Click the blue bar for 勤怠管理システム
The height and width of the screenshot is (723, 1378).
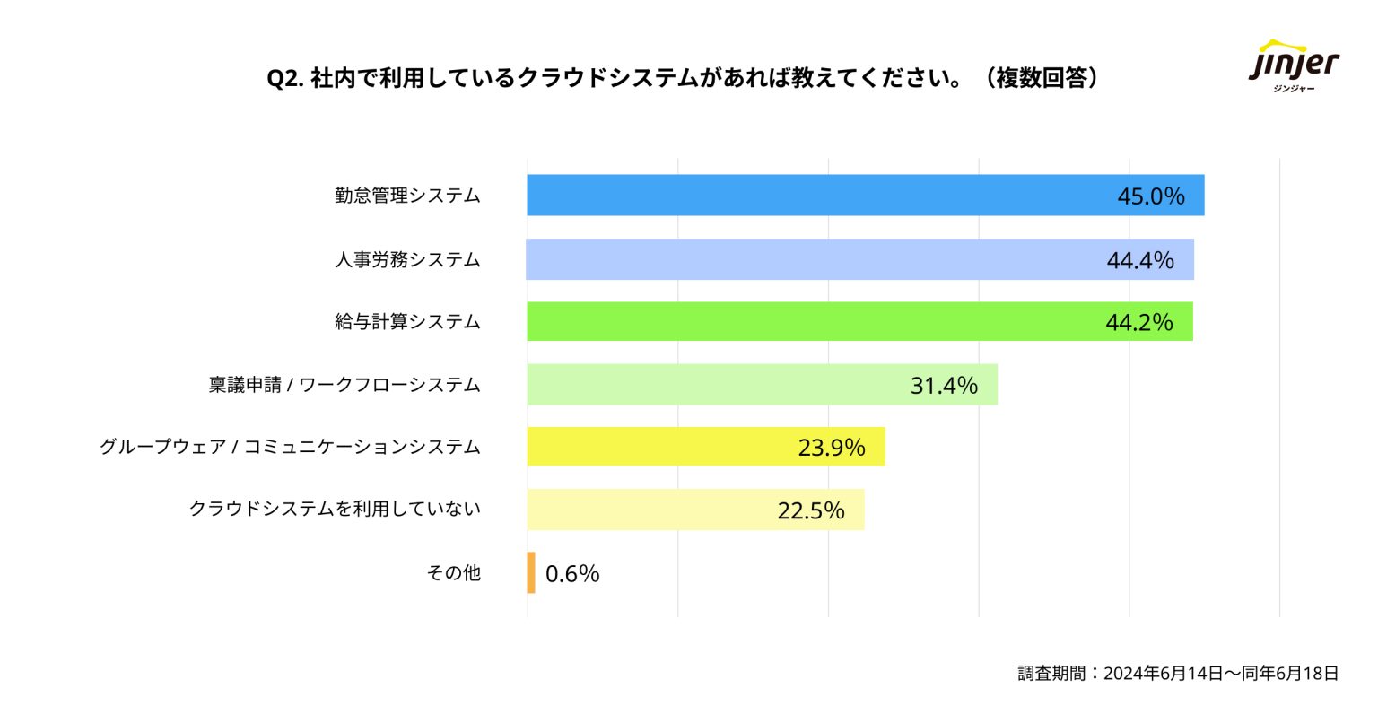click(x=807, y=196)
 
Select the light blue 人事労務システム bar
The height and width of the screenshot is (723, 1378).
click(x=807, y=259)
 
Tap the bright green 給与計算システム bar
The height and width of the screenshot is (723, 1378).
click(x=807, y=322)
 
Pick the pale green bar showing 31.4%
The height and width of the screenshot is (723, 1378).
click(x=718, y=385)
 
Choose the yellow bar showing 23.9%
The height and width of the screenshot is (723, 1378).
click(x=664, y=447)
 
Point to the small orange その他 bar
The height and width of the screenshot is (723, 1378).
click(x=531, y=572)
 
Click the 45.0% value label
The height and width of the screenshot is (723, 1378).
click(x=1150, y=196)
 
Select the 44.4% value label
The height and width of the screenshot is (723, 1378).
click(x=1139, y=260)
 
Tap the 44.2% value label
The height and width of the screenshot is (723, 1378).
click(x=1138, y=323)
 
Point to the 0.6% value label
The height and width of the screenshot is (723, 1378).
click(x=572, y=574)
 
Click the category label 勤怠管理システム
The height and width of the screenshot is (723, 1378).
click(x=407, y=196)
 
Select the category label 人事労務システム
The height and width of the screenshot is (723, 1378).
click(x=407, y=260)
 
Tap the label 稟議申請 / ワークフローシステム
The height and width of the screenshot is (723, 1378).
click(x=344, y=386)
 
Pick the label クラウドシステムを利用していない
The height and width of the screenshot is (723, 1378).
click(x=335, y=510)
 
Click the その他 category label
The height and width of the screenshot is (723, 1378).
click(x=454, y=573)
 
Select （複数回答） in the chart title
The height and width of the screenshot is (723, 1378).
click(x=1042, y=79)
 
